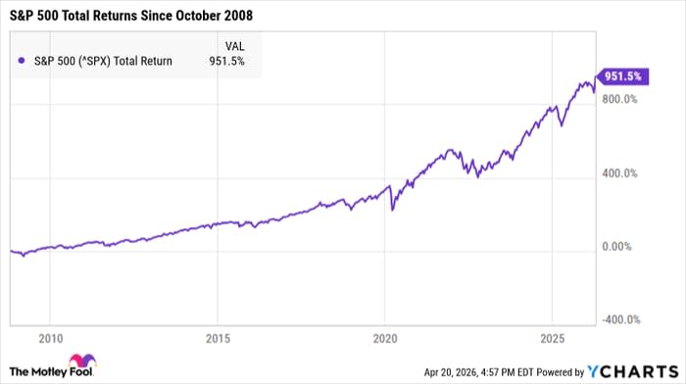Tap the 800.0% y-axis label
tap(619, 99)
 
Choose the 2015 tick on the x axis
tap(218, 337)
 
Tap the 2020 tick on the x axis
tap(385, 337)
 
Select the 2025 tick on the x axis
tap(552, 337)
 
